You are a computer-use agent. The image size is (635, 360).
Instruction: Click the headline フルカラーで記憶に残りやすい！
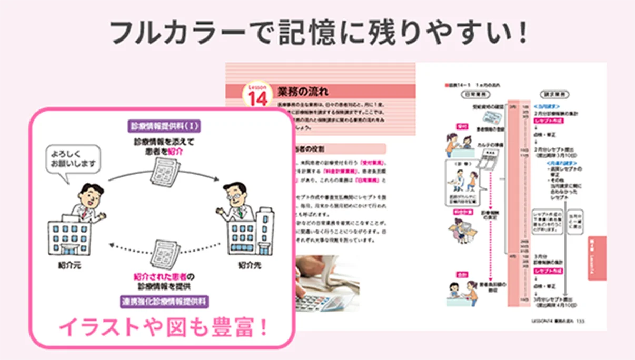tap(317, 32)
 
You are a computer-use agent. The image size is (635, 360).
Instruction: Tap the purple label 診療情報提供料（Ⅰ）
tap(164, 126)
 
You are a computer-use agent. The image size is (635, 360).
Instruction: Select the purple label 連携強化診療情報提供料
tap(164, 302)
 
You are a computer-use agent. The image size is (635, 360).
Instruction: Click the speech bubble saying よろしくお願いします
tap(73, 159)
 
